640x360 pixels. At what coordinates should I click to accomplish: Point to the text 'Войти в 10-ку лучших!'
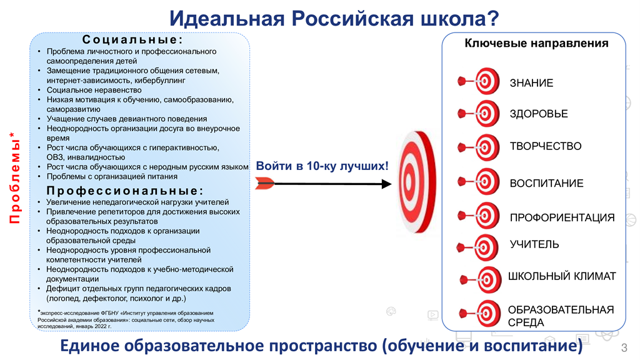coord(322,166)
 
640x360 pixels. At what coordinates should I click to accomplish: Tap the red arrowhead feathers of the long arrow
coord(265,183)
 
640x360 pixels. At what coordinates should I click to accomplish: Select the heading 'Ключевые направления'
coord(536,44)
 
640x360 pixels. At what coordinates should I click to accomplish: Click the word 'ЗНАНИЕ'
coord(531,83)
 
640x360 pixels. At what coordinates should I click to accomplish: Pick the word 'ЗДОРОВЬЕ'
coord(539,114)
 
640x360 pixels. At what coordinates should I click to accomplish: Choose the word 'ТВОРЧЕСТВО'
coord(546,146)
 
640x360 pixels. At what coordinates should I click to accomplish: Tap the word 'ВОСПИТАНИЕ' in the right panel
coord(546,184)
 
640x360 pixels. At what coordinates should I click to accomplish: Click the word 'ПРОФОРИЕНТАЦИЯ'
coord(562,218)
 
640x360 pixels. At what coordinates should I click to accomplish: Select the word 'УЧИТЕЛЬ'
coord(534,244)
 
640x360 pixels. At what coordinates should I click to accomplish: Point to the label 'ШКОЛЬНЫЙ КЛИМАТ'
coord(562,276)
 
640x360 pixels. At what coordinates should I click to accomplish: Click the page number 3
coord(623,347)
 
